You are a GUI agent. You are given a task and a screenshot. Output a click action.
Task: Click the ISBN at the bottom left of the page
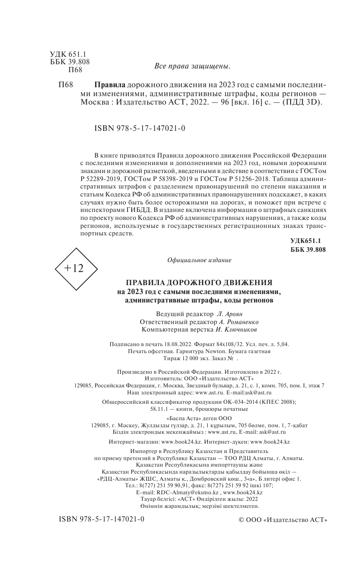[x=102, y=520]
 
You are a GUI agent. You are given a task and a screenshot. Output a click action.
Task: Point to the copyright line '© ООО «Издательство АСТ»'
[x=283, y=521]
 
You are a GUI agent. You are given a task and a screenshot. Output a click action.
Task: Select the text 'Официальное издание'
[x=199, y=260]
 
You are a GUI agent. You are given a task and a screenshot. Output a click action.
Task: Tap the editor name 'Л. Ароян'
[x=232, y=313]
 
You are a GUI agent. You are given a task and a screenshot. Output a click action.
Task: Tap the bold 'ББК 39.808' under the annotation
[x=308, y=249]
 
